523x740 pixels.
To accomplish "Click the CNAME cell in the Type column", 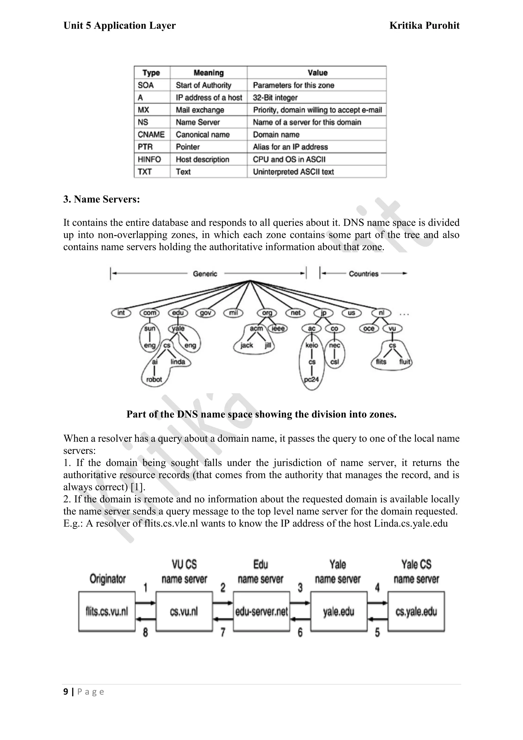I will click(151, 134).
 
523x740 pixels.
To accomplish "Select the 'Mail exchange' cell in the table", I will click(200, 110).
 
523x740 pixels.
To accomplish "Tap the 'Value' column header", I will click(317, 73).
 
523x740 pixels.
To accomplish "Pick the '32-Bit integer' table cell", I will click(275, 98).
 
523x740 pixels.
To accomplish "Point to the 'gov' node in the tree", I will click(206, 313).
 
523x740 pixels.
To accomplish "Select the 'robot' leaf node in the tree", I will click(154, 379).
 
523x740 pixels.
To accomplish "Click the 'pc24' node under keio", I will click(311, 379).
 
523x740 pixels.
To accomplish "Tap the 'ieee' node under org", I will click(278, 328).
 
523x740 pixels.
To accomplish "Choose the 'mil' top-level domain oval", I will click(233, 313).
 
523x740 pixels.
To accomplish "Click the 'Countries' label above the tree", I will click(363, 274).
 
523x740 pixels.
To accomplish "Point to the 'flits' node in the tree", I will click(381, 362).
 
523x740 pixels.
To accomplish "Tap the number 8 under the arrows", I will click(145, 633).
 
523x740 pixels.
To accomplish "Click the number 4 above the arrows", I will click(377, 587).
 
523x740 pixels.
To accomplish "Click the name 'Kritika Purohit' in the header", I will click(424, 26).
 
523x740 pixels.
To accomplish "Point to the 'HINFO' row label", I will click(149, 159).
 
